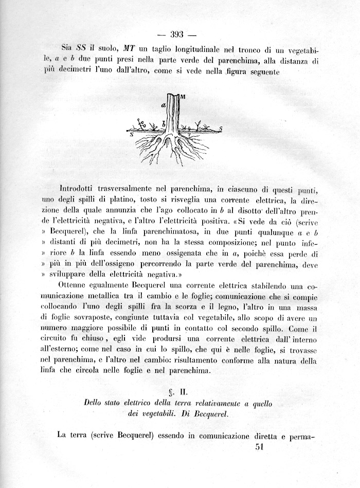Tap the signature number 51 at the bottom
coord(259,447)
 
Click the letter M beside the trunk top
coord(183,97)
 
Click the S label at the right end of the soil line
coord(221,128)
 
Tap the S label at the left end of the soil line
coord(132,134)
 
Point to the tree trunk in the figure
coord(174,113)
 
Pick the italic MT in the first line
coord(129,49)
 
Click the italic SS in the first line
coord(82,49)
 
